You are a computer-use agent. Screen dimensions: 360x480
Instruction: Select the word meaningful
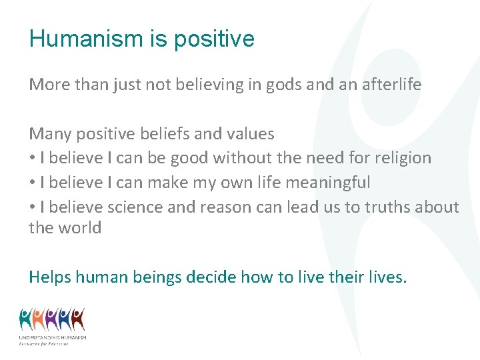tap(337, 183)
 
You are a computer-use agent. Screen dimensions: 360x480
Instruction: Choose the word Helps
tap(50, 277)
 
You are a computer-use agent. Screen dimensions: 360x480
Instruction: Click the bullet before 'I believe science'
tap(32, 208)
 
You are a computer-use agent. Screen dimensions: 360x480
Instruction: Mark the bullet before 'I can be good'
tap(32, 159)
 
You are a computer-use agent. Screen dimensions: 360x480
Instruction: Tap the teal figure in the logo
tap(26, 320)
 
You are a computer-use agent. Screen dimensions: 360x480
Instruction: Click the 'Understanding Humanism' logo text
tap(53, 338)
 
